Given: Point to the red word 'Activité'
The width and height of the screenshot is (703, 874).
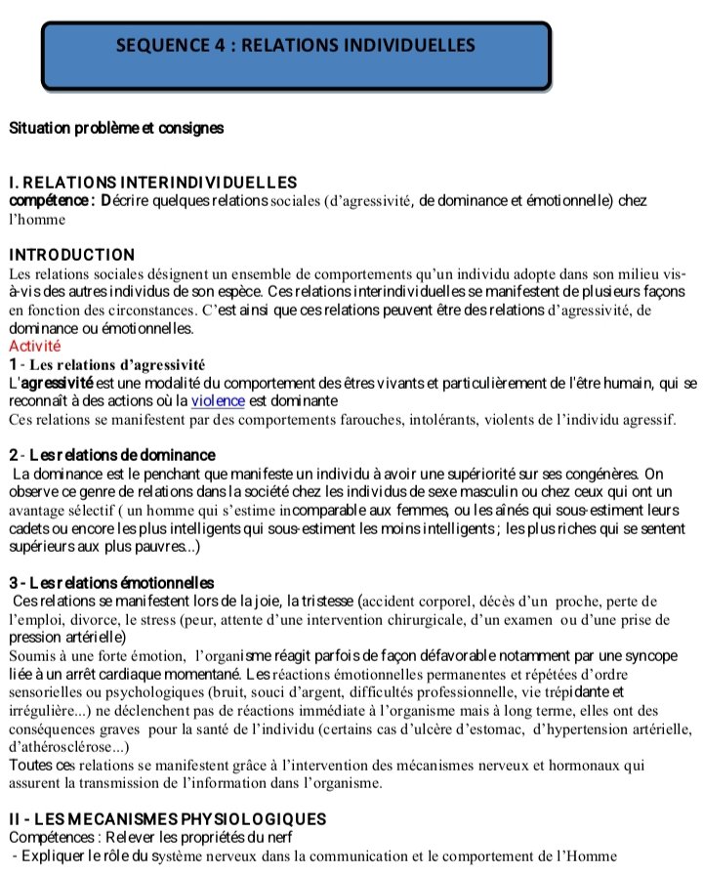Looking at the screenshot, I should (x=34, y=346).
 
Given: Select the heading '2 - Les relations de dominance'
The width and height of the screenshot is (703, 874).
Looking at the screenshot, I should (x=111, y=456).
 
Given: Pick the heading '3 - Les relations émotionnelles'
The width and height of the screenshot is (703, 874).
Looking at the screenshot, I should (x=111, y=583).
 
